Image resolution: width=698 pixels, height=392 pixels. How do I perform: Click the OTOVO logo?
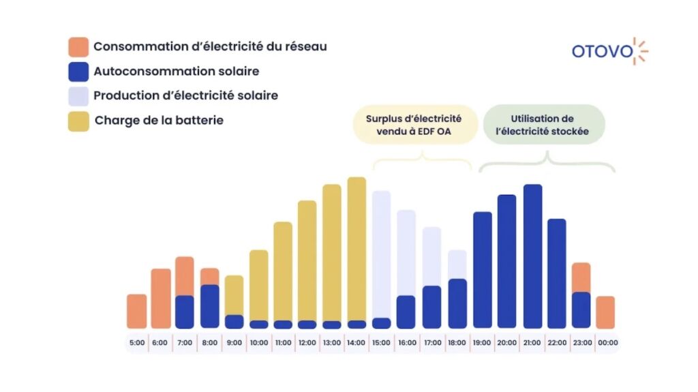click(609, 51)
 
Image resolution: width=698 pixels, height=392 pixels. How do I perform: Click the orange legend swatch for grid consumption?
click(78, 47)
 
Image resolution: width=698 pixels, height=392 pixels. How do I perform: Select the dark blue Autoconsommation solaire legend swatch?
click(78, 72)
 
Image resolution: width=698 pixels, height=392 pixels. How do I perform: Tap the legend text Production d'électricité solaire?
click(185, 95)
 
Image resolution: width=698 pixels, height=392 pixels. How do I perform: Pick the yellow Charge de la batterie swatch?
click(78, 121)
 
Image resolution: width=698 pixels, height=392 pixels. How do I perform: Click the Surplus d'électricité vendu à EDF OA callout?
click(414, 124)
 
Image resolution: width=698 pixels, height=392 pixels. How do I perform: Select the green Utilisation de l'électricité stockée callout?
click(543, 124)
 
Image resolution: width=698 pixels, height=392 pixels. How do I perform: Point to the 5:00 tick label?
click(136, 342)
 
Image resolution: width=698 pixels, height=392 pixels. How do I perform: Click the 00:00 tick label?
click(605, 342)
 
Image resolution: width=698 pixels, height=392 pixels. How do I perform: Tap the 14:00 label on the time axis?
click(356, 342)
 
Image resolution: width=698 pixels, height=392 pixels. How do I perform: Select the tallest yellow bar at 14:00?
click(356, 245)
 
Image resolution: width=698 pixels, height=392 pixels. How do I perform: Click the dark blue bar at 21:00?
click(532, 256)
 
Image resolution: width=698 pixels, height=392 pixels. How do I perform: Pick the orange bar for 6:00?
click(161, 299)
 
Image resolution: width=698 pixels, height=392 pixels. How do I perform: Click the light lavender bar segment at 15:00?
click(381, 252)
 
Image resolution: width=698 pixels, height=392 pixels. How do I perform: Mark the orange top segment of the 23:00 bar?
click(581, 277)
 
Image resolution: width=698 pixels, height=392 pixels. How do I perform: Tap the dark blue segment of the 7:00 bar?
click(185, 312)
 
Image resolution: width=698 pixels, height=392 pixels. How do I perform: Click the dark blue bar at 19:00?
click(483, 269)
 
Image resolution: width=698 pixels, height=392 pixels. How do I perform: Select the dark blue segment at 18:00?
click(457, 303)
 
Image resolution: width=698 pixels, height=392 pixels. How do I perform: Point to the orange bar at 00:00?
click(605, 312)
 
